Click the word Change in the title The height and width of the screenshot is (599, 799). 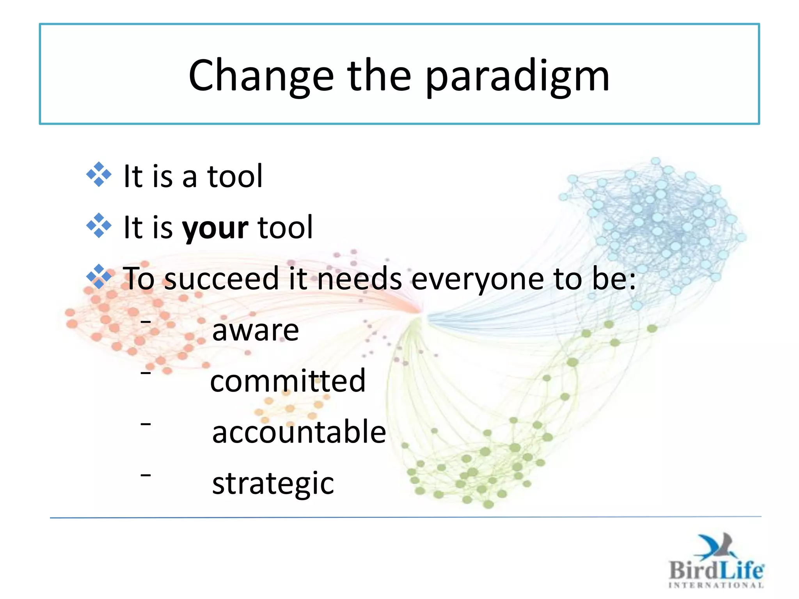(x=261, y=76)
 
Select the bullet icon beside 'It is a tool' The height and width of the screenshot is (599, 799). (x=99, y=174)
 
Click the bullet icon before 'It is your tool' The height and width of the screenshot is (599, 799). (x=99, y=225)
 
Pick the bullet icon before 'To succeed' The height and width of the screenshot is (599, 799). (x=99, y=276)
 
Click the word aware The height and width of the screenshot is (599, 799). (x=256, y=330)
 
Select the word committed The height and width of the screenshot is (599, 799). (x=288, y=381)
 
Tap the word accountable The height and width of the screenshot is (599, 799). (x=299, y=432)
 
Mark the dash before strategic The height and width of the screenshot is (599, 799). (x=146, y=475)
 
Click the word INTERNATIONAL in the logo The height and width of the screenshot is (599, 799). (x=716, y=585)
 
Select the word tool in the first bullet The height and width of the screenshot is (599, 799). (x=235, y=176)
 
